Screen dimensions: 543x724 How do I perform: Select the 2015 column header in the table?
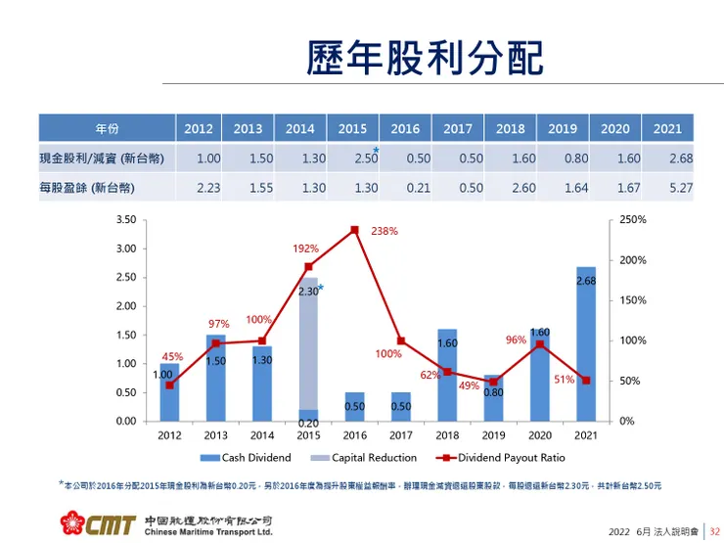(x=352, y=128)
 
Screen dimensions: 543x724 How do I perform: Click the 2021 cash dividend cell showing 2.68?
(x=667, y=158)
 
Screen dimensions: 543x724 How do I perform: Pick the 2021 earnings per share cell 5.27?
(x=667, y=188)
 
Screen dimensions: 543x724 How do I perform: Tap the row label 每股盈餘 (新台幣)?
(x=87, y=188)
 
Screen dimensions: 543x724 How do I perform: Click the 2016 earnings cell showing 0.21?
(x=405, y=188)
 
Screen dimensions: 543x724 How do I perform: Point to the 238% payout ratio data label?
(x=385, y=231)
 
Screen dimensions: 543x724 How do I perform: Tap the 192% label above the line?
(x=305, y=249)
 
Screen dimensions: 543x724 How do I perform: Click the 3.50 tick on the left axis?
(x=125, y=220)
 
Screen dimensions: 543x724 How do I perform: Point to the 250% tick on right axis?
(x=633, y=220)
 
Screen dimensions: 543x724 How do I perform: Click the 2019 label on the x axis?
(x=493, y=435)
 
